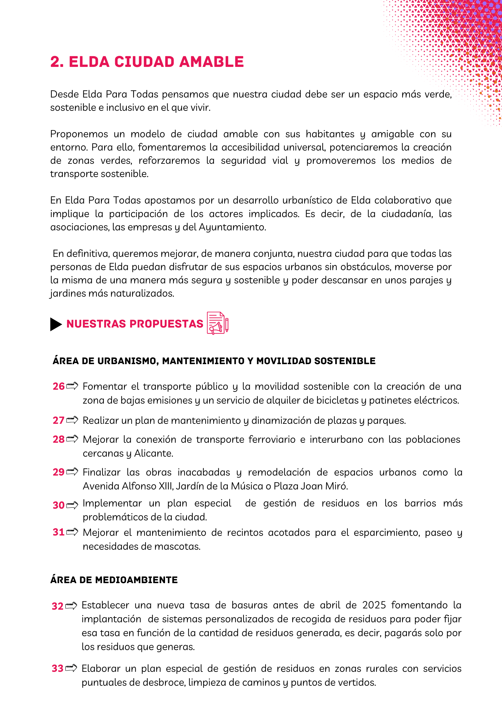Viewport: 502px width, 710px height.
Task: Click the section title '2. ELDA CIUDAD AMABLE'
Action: [x=147, y=62]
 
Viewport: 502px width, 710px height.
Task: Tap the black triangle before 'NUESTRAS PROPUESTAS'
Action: [x=56, y=324]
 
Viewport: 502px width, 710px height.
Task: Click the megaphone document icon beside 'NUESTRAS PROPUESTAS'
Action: [x=217, y=323]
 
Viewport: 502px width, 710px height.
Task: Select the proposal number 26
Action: [x=58, y=386]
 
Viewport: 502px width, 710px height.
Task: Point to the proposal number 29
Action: [x=58, y=472]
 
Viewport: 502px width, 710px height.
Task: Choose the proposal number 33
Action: [x=57, y=668]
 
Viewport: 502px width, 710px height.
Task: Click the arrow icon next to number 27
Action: [x=72, y=420]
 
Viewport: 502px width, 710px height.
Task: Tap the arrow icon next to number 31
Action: [x=72, y=532]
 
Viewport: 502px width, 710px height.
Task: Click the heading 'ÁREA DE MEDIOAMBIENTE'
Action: [x=114, y=580]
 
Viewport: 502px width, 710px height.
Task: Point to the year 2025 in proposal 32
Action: [x=374, y=605]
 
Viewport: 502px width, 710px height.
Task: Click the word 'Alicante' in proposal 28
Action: [x=154, y=453]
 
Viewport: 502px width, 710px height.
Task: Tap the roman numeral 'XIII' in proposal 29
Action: [x=165, y=486]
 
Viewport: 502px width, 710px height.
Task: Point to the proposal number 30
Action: [x=58, y=505]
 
